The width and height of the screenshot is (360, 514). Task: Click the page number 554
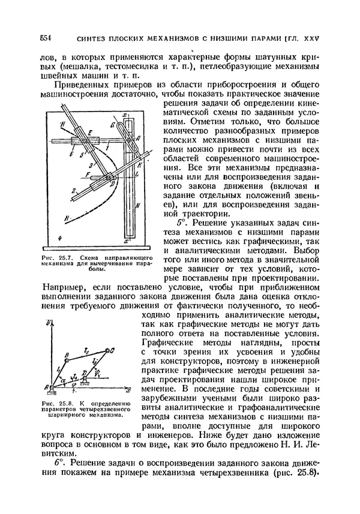46,37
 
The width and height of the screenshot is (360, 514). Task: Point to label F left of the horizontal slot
88,173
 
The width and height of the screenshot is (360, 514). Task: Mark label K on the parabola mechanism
139,163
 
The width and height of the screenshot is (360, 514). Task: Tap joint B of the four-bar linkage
67,354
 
